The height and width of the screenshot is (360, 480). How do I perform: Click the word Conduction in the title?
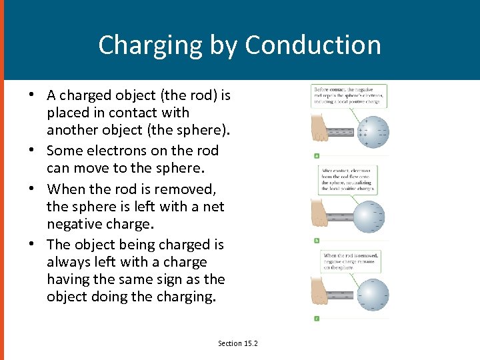tap(313, 45)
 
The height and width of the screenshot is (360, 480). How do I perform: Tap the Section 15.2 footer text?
tap(237, 343)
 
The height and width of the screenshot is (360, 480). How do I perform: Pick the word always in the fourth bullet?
tap(69, 262)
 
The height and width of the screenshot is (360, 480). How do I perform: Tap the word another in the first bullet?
tap(73, 130)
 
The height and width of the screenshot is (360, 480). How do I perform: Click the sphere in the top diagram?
tap(371, 131)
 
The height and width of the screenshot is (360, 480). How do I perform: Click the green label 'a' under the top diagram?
tap(317, 156)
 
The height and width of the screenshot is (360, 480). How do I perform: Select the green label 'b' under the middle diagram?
tap(317, 239)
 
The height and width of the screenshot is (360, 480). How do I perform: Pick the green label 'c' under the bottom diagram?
tap(317, 318)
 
